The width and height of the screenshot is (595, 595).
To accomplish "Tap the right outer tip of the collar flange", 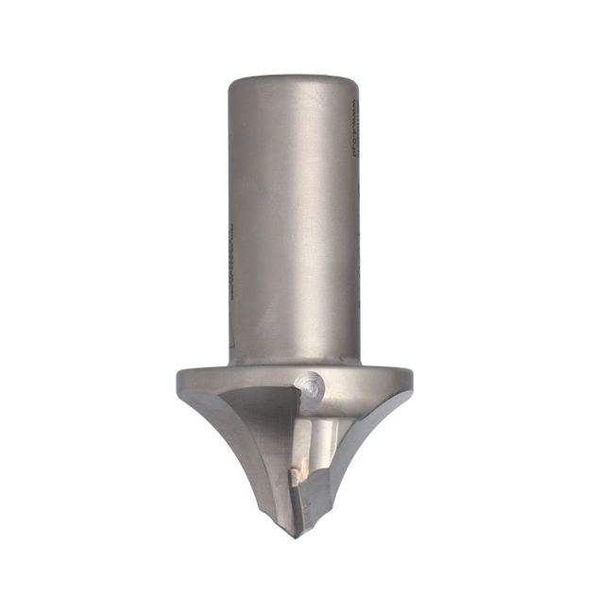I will click(x=411, y=378).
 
